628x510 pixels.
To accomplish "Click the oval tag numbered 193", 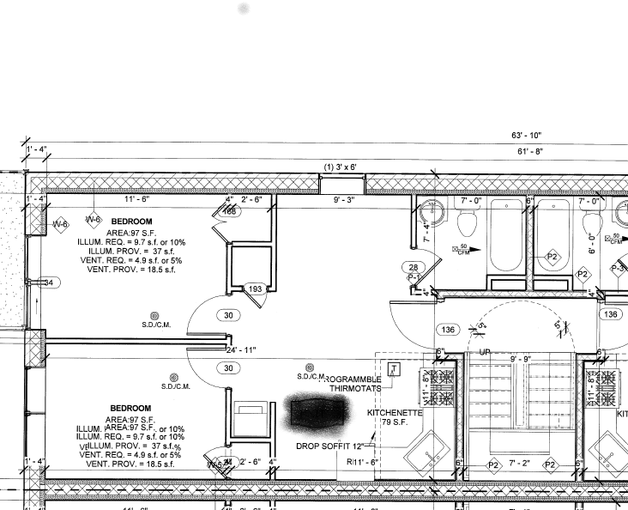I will coord(254,289).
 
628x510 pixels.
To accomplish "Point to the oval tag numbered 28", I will coord(414,268).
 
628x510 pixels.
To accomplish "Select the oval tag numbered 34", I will coord(49,282).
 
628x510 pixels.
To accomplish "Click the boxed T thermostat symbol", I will coord(394,370).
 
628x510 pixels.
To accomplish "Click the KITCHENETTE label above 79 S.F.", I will coord(395,412).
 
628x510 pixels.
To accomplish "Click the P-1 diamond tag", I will coord(413,277).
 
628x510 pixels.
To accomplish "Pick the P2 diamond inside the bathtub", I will coord(553,258).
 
